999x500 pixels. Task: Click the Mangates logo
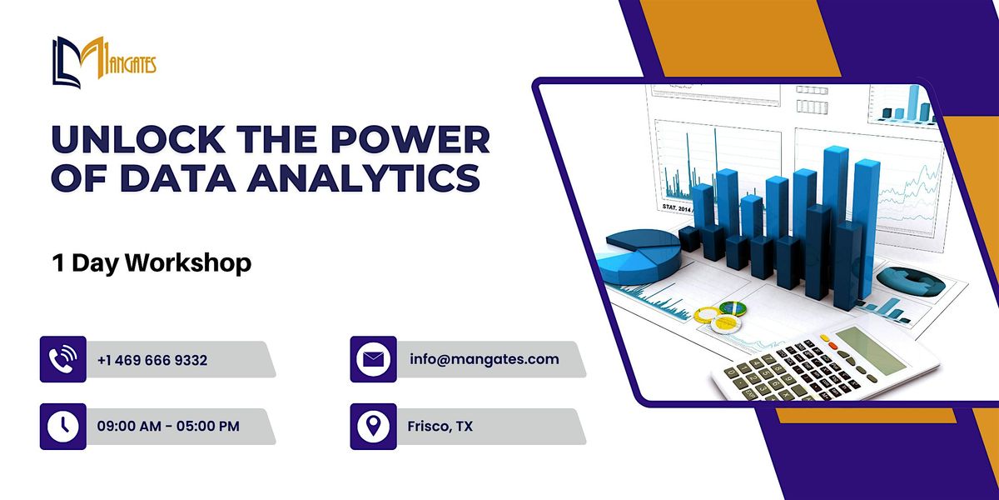coord(104,62)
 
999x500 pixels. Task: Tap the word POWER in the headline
coord(410,140)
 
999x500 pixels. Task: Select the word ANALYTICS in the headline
coord(364,178)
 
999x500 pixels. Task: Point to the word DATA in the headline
coord(177,178)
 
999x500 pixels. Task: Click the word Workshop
coord(188,263)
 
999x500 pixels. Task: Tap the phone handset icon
coord(63,359)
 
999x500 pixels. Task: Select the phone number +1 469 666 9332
coord(152,360)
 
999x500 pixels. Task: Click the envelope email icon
coord(373,359)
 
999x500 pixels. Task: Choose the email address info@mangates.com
coord(485,359)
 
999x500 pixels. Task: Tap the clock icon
coord(63,426)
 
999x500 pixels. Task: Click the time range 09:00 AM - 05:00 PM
coord(168,426)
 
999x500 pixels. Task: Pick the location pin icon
coord(373,426)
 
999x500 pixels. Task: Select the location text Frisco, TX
coord(440,427)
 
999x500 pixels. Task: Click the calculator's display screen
coord(870,349)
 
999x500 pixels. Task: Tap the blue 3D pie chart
coord(638,256)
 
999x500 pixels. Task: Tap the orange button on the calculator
coord(832,345)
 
